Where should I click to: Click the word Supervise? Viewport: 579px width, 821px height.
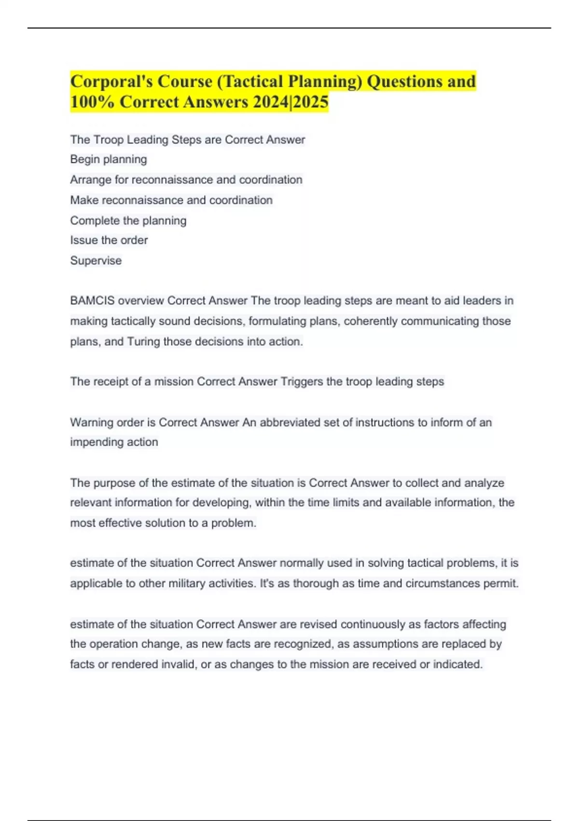(96, 260)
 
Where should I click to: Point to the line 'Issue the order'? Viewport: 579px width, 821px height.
(109, 240)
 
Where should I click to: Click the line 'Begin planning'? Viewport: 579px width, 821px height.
(109, 159)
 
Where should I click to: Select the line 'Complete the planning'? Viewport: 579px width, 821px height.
(128, 220)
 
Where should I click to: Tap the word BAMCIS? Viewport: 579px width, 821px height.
(92, 300)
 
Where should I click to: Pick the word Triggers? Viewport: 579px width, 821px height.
(302, 382)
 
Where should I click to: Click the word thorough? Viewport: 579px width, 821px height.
(316, 583)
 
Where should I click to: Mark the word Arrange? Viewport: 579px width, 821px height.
(90, 180)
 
